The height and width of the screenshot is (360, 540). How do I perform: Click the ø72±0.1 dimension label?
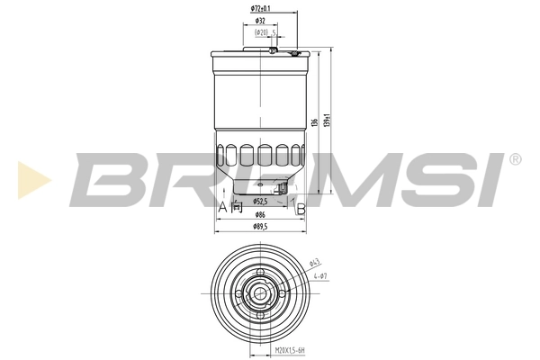point(261,9)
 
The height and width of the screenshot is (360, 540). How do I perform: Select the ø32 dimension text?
point(259,19)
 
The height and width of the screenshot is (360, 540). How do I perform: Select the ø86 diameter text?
point(259,216)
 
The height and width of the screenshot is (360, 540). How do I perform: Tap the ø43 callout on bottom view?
point(315,264)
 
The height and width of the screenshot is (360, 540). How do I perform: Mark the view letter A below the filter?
point(221,207)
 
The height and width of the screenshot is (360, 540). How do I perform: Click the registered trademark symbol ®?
point(514,159)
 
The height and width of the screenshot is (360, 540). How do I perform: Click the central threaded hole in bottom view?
point(259,292)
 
